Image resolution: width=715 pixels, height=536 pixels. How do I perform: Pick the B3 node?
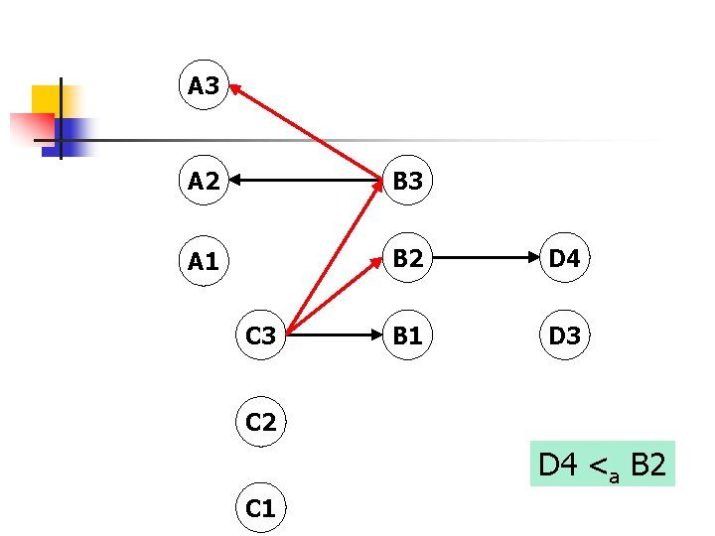[407, 181]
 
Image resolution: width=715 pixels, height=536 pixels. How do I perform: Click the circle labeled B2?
[407, 260]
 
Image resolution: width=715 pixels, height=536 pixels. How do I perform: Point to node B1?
[407, 336]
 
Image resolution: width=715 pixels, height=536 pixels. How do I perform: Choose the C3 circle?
[261, 336]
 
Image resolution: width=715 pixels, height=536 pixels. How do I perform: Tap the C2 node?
[261, 422]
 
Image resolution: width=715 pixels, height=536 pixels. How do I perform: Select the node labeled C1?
[261, 508]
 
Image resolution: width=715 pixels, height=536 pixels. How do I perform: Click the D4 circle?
[564, 260]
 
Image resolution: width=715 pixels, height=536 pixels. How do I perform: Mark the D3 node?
[564, 336]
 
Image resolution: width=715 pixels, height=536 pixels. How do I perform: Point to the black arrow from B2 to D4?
[487, 260]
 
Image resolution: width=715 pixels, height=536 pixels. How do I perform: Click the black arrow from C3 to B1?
[336, 336]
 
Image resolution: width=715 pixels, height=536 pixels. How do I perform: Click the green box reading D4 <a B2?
[603, 464]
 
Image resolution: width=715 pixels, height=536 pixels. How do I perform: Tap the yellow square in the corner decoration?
[46, 99]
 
